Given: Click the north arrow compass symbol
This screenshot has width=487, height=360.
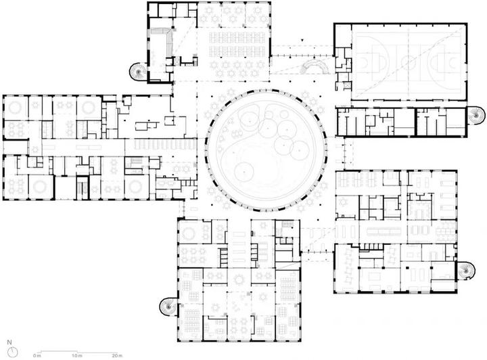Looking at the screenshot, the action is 13,352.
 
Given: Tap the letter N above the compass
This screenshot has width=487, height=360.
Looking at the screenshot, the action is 9,342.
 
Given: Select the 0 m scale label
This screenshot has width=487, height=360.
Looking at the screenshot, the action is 37,355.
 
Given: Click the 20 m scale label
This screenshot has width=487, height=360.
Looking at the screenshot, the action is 117,355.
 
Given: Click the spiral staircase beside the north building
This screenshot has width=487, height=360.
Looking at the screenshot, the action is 137,72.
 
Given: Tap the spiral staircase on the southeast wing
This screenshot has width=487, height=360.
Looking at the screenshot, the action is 465,271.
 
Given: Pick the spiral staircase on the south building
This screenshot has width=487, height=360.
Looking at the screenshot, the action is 168,307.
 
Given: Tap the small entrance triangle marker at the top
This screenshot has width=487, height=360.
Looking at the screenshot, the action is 302,40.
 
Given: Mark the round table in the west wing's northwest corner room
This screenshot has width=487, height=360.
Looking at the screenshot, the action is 15,108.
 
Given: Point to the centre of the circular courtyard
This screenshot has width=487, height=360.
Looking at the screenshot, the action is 266,151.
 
